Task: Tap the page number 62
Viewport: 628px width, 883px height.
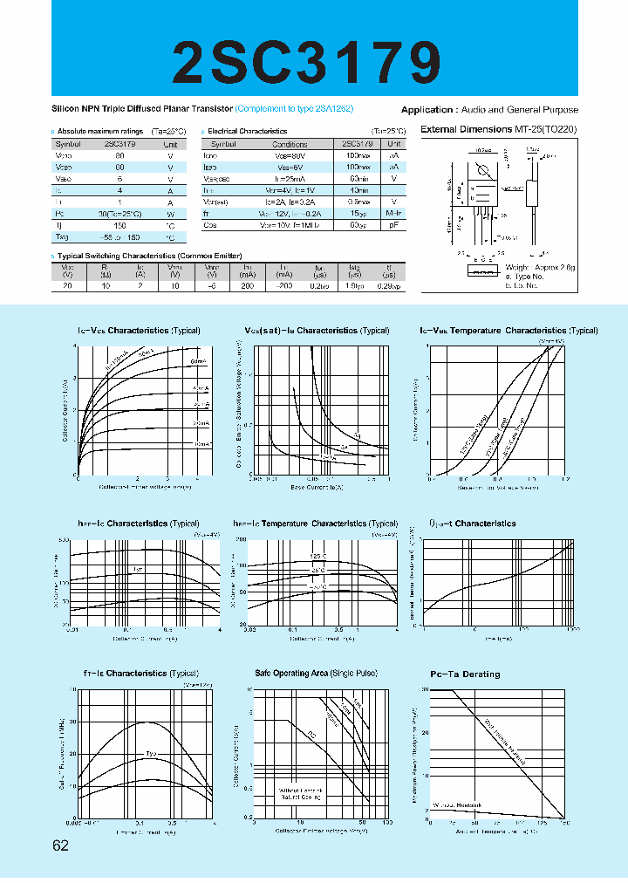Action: coord(60,845)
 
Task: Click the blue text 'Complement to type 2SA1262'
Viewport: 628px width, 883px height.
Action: coord(302,110)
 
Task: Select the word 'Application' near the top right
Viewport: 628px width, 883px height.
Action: coord(426,110)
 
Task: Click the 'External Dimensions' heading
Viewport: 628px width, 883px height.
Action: coord(466,129)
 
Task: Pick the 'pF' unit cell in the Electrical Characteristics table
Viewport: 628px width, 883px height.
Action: coord(394,225)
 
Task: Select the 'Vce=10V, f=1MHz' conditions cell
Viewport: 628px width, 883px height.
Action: coord(290,225)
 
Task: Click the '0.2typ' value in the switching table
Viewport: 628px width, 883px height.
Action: coord(320,285)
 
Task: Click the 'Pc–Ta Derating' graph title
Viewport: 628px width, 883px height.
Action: coord(465,674)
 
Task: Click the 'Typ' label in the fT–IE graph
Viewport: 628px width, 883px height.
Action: coord(151,753)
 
